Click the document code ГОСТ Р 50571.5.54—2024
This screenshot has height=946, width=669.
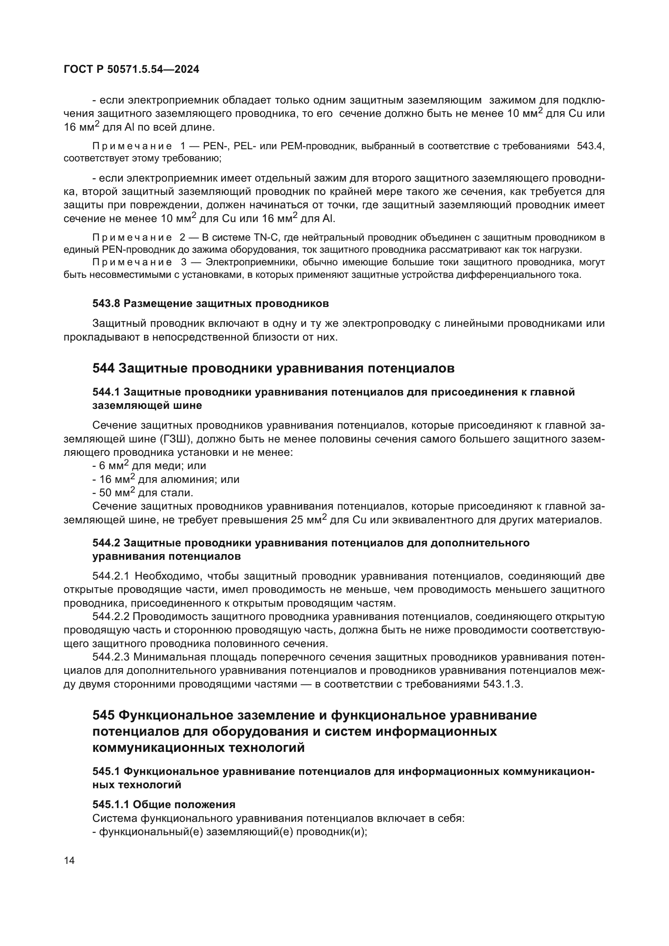tap(131, 70)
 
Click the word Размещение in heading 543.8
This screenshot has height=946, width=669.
tap(158, 304)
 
